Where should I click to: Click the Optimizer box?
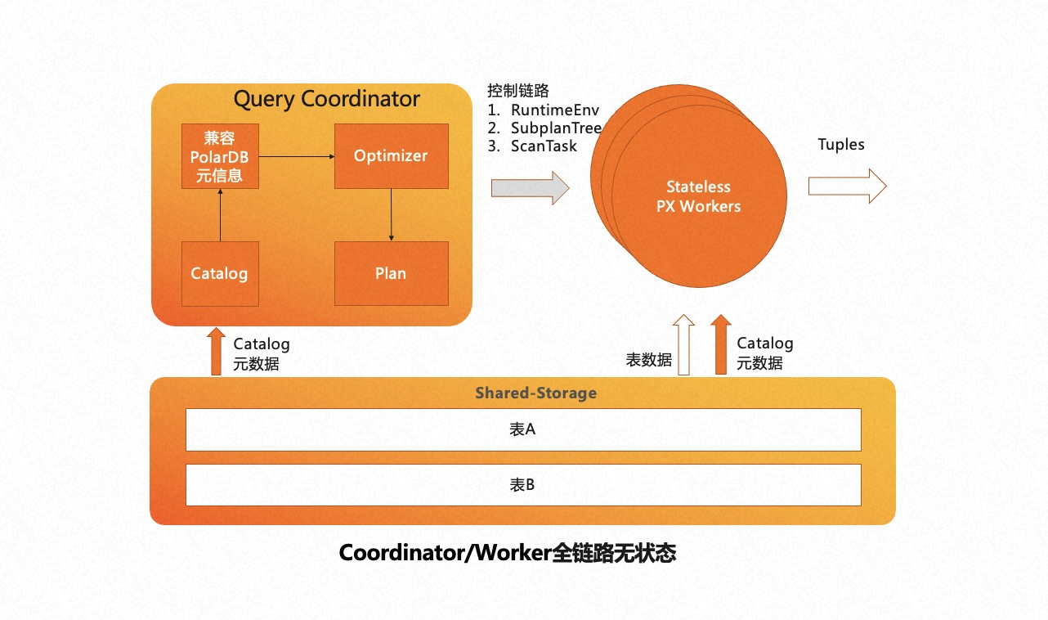coord(391,155)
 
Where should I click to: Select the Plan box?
coord(391,273)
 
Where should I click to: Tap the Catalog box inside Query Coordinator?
coord(219,273)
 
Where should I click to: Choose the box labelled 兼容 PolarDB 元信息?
coord(219,155)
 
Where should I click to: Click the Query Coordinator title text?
coord(326,100)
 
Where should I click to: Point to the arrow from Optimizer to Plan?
coord(391,214)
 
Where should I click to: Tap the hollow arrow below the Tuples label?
coord(847,186)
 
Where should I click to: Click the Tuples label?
coord(840,145)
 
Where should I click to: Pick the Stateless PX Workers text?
coord(698,197)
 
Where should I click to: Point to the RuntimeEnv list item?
coord(554,110)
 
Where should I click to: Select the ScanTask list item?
coord(544,146)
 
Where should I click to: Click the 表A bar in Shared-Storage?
coord(523,429)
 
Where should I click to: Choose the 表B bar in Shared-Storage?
coord(523,485)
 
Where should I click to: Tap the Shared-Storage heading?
coord(535,393)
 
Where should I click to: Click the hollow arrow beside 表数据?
coord(683,344)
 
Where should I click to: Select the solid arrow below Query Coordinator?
coord(216,351)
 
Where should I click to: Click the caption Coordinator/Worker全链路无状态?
coord(507,554)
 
